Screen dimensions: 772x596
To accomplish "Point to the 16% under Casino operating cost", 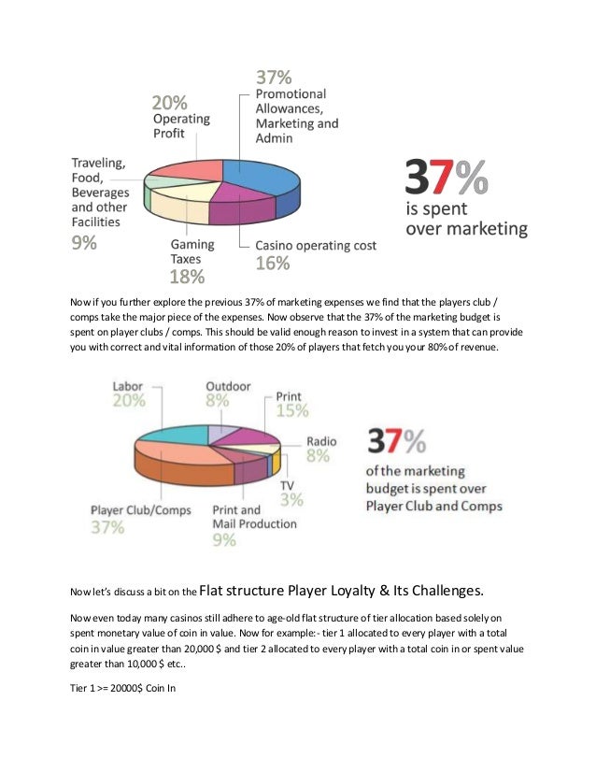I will [274, 264].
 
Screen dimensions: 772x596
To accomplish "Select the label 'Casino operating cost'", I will [316, 246].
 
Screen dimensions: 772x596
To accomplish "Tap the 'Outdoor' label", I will [228, 385].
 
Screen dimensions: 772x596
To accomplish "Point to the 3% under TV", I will [291, 500].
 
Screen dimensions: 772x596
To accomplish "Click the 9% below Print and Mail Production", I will [224, 539].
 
